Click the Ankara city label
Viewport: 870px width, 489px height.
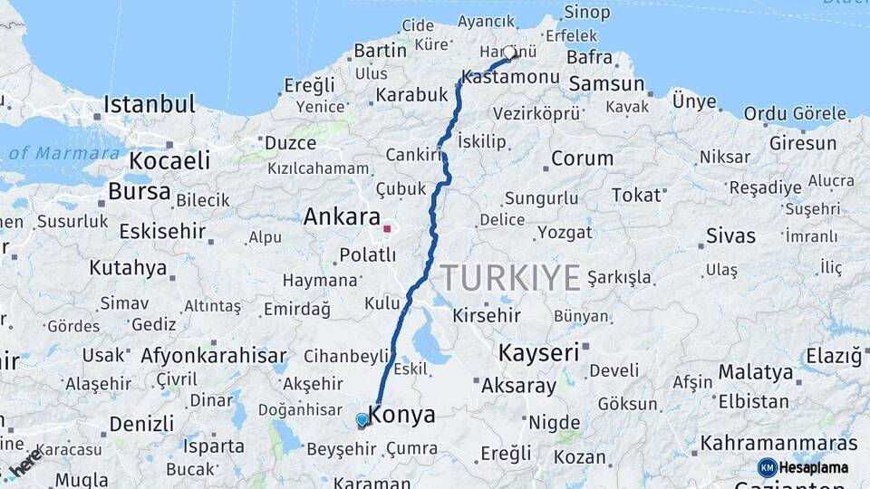342,217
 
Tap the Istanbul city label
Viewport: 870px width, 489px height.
149,104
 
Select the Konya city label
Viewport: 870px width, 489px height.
403,416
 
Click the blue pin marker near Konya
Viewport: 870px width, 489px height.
362,420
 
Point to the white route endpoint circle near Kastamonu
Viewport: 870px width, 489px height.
510,53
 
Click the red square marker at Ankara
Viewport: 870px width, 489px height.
387,229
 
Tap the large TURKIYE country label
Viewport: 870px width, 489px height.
510,278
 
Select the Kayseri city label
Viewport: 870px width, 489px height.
538,352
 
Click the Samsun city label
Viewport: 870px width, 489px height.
606,84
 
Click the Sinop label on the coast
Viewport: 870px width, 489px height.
587,13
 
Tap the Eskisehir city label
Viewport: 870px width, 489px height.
164,230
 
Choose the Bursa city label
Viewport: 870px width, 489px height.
139,192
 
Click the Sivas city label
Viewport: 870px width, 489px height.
730,236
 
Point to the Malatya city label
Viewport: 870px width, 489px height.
756,372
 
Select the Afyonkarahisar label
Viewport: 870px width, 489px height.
213,355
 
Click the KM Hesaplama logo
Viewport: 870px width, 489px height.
804,467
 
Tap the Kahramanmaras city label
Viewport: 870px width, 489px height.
778,444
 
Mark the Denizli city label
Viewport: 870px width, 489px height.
141,423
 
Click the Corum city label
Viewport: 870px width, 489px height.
582,158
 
